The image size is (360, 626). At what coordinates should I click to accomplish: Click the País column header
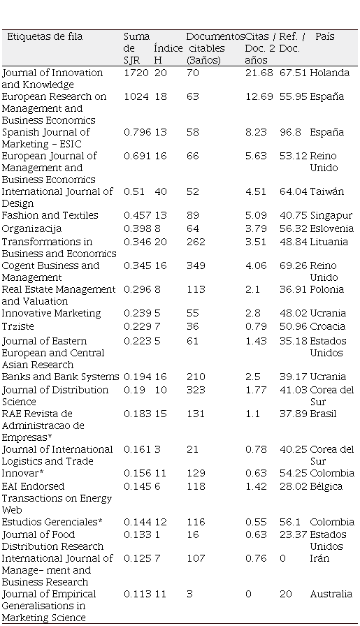[x=325, y=36]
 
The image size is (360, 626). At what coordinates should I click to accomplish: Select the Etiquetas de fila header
[x=45, y=36]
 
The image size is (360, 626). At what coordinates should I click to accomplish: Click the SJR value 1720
[x=136, y=73]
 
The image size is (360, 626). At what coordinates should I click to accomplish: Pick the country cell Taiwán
[x=326, y=191]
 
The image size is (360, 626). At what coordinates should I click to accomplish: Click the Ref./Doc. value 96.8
[x=290, y=132]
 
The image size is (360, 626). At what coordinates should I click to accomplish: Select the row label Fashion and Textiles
[x=50, y=215]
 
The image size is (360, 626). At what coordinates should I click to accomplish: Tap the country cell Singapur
[x=331, y=216]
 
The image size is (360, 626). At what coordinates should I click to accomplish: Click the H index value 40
[x=161, y=191]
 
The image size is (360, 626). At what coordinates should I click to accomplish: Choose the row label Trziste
[x=18, y=326]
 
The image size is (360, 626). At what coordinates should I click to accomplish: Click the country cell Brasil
[x=323, y=414]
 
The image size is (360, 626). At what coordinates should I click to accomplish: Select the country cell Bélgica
[x=326, y=487]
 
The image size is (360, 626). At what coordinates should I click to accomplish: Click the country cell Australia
[x=331, y=594]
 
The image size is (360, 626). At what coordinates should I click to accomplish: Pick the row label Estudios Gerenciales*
[x=52, y=522]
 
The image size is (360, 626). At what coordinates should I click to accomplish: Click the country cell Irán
[x=319, y=558]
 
